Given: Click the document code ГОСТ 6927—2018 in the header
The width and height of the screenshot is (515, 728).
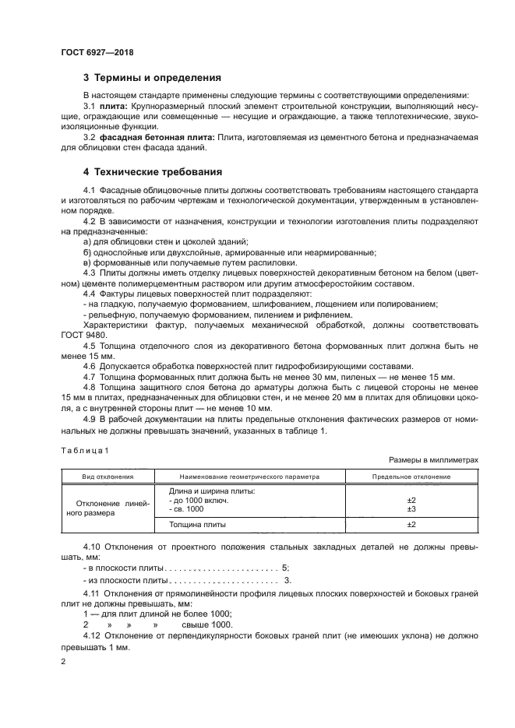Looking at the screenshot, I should click(97, 51).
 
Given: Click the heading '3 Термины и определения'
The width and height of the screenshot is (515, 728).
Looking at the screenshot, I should click(152, 77).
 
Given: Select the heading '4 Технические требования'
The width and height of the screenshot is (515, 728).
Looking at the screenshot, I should click(153, 171).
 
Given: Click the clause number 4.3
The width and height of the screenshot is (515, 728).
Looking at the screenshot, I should click(90, 273).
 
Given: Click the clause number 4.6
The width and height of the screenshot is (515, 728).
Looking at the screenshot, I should click(90, 366).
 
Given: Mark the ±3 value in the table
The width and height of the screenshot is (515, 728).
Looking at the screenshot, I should click(411, 508).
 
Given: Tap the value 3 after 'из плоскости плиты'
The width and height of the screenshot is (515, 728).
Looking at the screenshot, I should click(287, 580).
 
